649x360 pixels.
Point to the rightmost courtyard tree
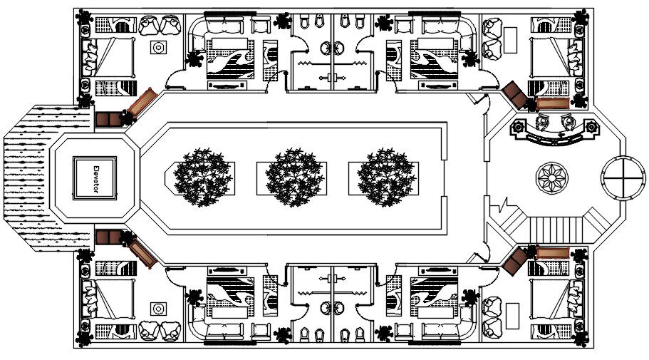[x=385, y=175]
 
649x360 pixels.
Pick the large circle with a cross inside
[x=619, y=175]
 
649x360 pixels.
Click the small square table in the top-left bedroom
[x=157, y=47]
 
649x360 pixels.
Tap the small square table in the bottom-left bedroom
[x=157, y=308]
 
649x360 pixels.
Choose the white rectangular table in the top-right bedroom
[x=511, y=34]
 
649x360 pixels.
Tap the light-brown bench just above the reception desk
[x=552, y=103]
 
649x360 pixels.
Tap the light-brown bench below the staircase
[x=552, y=252]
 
